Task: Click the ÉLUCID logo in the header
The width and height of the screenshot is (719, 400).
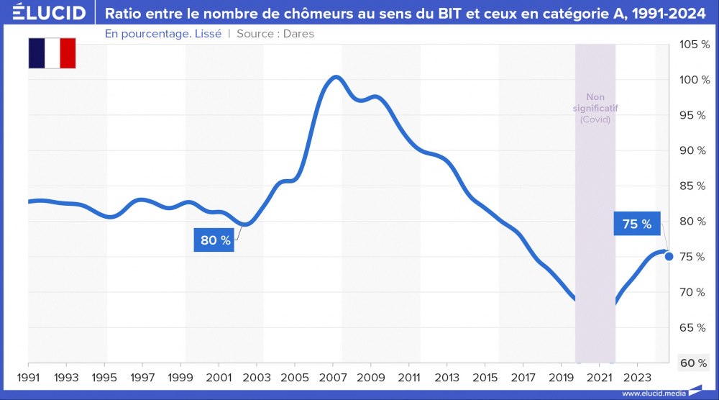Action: click(45, 13)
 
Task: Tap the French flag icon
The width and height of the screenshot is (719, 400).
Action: click(52, 53)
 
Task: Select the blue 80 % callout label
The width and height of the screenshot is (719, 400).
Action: click(215, 240)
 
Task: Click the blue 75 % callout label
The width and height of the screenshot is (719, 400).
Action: click(636, 224)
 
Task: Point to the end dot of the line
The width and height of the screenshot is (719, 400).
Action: click(669, 256)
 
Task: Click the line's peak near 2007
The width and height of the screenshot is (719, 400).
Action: click(334, 76)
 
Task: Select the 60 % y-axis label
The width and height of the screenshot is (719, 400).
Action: click(693, 363)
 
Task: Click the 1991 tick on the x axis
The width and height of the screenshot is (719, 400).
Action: click(28, 377)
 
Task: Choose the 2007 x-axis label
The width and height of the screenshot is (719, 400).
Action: click(333, 377)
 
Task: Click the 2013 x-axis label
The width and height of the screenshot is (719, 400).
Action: click(447, 377)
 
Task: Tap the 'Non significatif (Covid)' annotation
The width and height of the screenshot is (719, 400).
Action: click(595, 108)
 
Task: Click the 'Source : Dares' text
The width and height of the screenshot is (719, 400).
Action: click(275, 34)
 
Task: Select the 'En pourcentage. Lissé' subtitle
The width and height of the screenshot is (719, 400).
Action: click(163, 34)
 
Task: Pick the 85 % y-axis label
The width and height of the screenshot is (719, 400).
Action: click(693, 186)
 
